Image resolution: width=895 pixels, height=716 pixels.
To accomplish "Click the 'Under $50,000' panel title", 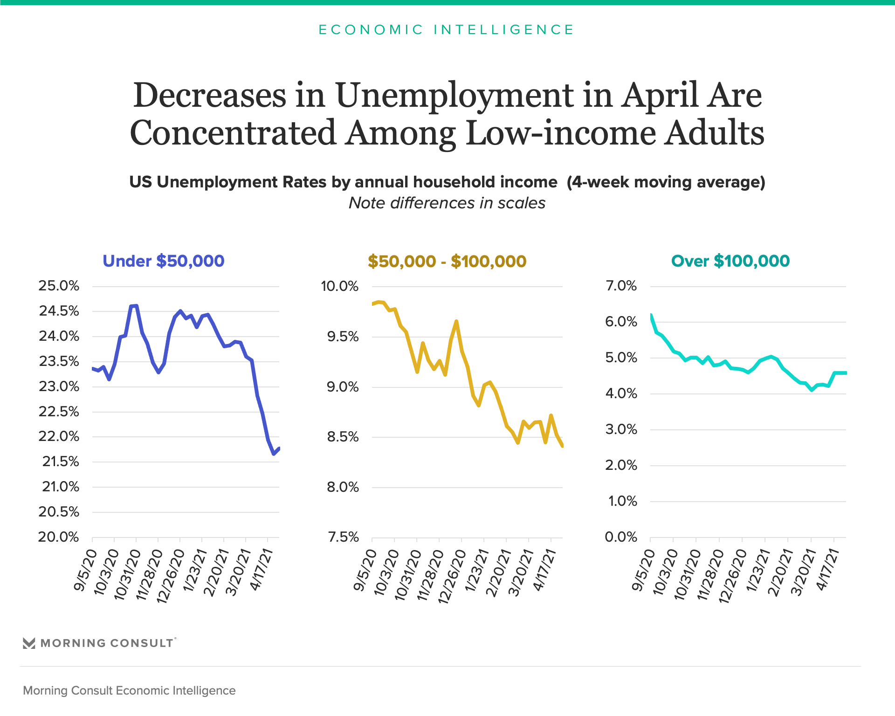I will tap(163, 261).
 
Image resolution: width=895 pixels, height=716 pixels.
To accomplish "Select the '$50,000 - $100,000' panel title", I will tap(447, 262).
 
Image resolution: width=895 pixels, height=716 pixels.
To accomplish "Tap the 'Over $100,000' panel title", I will tap(730, 261).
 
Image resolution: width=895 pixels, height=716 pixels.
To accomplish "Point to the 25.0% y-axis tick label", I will tap(59, 286).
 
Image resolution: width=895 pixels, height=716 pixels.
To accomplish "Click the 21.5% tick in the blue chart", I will tap(61, 461).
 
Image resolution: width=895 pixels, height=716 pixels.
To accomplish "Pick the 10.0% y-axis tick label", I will tap(339, 286).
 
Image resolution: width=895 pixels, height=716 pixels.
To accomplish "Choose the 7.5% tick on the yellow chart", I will tap(343, 537).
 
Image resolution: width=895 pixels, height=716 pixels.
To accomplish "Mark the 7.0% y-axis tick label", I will tap(621, 286).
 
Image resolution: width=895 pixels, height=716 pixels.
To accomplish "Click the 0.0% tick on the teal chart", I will tap(621, 537).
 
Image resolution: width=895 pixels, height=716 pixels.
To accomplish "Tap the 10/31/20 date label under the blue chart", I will tap(127, 574).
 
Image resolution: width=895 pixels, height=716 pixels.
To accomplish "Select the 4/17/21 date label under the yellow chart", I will tap(544, 570).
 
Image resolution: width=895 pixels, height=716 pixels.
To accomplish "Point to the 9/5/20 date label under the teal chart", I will tap(643, 570).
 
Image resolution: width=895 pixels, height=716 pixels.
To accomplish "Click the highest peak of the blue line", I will tap(134, 306).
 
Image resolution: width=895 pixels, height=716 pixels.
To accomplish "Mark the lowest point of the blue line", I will tap(274, 454).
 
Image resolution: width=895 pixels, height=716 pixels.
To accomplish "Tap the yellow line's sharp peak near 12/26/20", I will tap(456, 321).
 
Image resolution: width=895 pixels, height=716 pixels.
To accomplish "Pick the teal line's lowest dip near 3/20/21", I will tap(812, 390).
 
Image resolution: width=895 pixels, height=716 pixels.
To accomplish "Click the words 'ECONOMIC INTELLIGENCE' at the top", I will tap(447, 30).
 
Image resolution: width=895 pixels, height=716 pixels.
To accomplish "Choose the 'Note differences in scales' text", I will tap(447, 203).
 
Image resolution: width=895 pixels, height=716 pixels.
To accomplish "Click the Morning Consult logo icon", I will tap(29, 643).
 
